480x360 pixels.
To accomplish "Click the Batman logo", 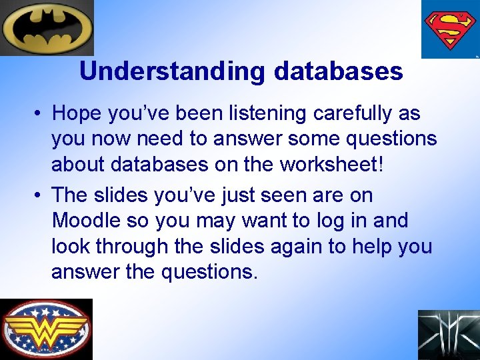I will coord(47,27).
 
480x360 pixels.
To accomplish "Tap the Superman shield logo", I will coord(451,29).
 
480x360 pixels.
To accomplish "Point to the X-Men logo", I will coord(448,335).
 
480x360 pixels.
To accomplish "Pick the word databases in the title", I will coord(338,71).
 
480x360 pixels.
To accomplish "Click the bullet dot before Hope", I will coord(41,114).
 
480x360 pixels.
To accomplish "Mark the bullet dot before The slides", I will coord(41,196).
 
